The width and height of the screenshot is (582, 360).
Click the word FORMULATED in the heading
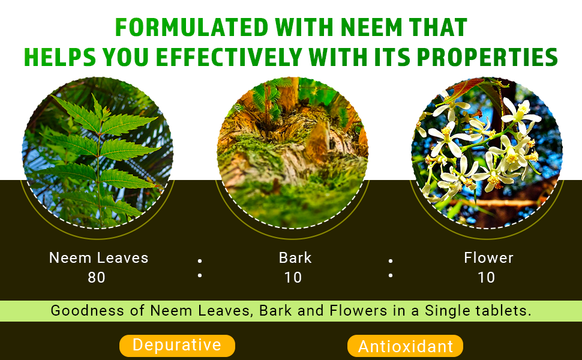coord(191,27)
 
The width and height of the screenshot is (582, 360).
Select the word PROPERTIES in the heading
coord(487,57)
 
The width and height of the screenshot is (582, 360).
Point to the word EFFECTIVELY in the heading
coord(229,57)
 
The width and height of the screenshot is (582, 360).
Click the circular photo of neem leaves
coord(98,153)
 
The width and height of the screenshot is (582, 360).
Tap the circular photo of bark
coord(292,153)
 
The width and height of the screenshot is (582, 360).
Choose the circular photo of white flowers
coord(487,153)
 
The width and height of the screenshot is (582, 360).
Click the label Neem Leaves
coord(99,258)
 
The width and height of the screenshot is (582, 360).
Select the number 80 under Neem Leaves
coord(97,278)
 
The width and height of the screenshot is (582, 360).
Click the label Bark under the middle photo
coord(295,258)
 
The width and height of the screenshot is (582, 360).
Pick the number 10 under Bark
coord(293,278)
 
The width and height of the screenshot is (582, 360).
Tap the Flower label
coord(488,258)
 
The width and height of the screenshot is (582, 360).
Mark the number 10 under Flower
coord(486,278)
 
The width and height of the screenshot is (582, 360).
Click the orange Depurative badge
coord(177,346)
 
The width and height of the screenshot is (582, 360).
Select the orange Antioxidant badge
coord(406,346)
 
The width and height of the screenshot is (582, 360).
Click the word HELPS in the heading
coord(60,57)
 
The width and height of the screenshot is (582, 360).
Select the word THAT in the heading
coord(437,27)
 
